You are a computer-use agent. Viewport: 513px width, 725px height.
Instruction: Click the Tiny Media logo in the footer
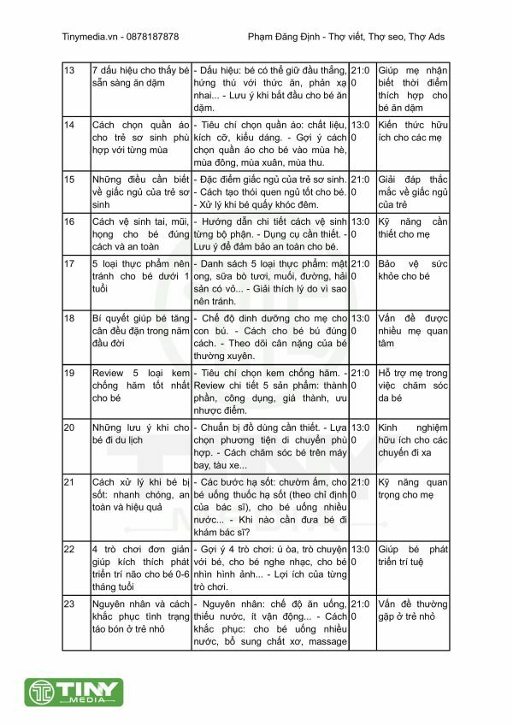(68, 693)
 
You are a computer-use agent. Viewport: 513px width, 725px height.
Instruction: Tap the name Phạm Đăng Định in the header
(283, 37)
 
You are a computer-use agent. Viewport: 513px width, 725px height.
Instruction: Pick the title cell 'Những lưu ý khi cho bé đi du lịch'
(140, 433)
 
